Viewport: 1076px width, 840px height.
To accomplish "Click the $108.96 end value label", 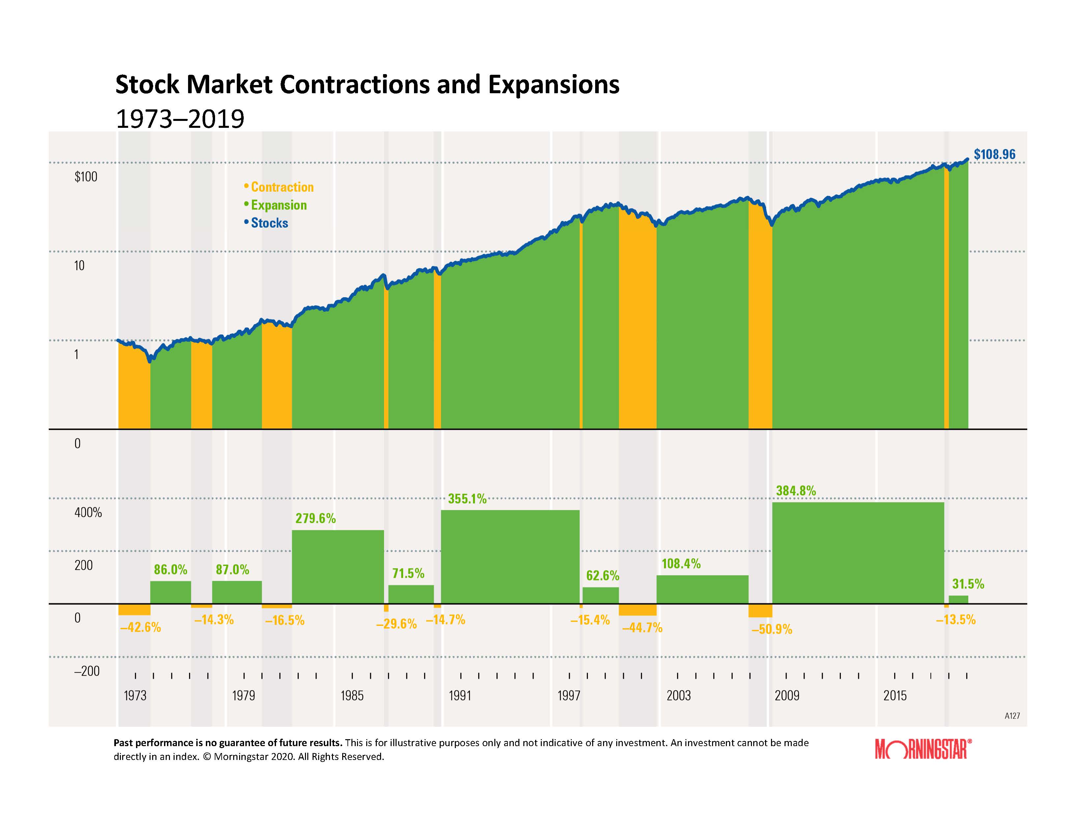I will [994, 154].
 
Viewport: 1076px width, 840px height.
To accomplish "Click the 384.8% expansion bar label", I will [796, 491].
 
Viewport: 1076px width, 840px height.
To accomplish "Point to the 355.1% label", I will [467, 499].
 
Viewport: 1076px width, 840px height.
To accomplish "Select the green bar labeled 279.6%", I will [338, 567].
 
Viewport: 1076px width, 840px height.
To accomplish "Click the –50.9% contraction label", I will [772, 629].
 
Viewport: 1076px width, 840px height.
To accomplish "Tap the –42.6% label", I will [140, 628].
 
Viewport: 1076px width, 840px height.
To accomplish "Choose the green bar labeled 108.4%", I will [702, 589].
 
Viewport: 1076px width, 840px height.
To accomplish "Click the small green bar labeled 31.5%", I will [958, 600].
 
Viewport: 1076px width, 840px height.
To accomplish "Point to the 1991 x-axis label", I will [460, 696].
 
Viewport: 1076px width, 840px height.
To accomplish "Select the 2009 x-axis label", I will [787, 696].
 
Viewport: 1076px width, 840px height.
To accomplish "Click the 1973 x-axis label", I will [135, 696].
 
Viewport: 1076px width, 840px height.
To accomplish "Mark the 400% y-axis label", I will [88, 513].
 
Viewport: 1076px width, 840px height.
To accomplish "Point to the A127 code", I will [1012, 716].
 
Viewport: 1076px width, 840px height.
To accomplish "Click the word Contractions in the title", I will [354, 85].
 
